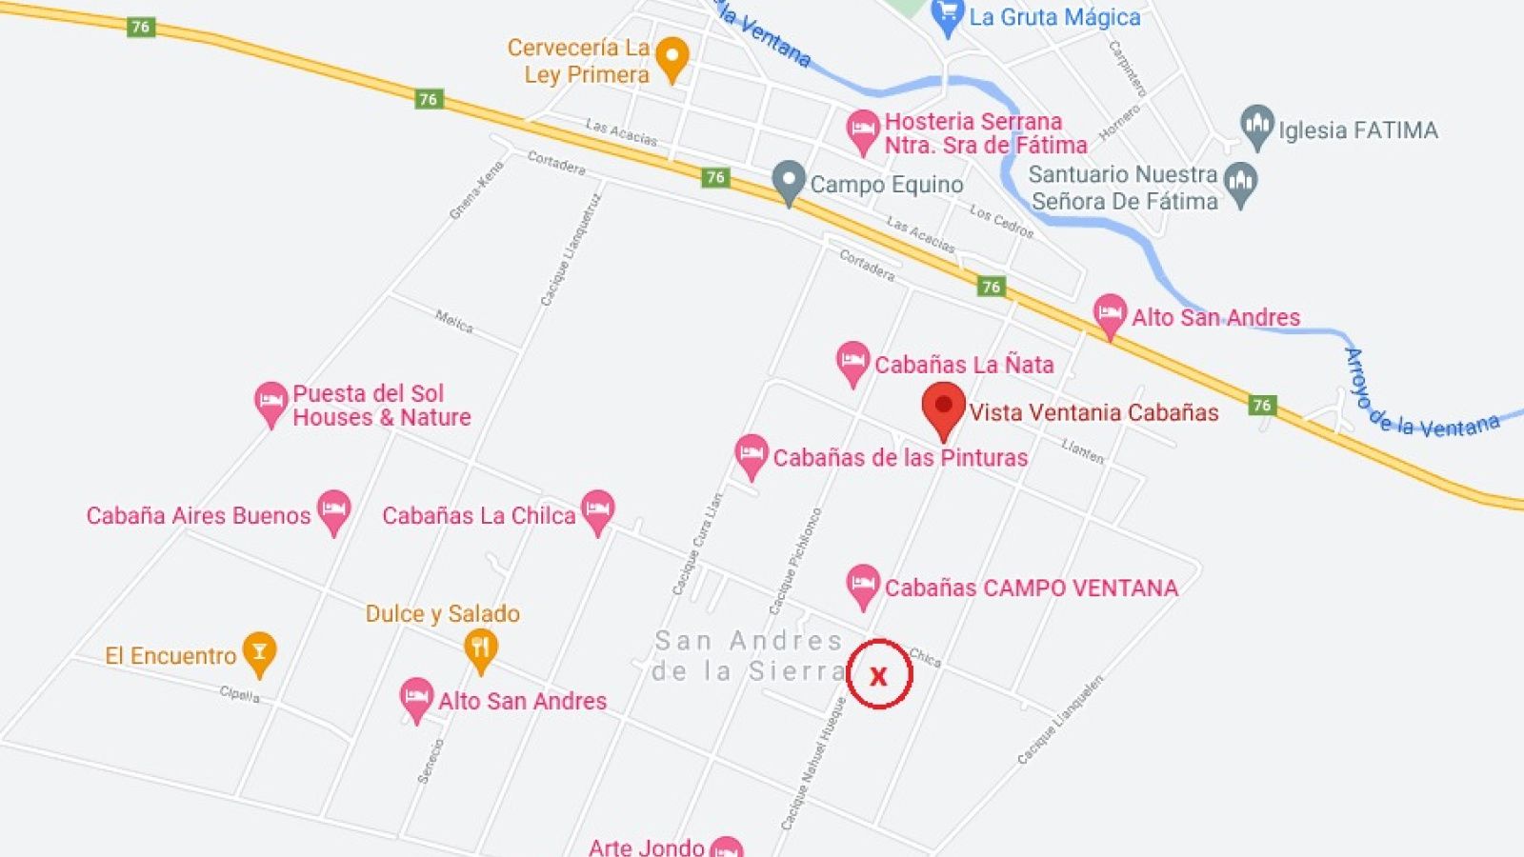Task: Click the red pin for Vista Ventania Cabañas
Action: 943,408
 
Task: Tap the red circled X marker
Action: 878,675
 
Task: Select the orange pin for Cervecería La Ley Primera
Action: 672,58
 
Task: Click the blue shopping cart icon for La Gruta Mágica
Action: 947,16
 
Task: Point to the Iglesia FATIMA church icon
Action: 1257,126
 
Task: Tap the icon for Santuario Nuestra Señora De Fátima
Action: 1240,182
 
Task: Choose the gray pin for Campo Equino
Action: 789,180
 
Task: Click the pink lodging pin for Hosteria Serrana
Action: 863,130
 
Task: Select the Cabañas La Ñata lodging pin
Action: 852,362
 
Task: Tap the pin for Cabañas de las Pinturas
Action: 752,454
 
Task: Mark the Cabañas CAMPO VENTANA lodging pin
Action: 863,585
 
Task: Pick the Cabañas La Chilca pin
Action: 597,510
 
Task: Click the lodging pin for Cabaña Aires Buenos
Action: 333,510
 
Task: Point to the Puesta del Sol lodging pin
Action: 271,402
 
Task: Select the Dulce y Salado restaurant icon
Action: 481,649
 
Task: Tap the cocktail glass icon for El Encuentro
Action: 259,652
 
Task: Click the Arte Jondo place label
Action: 647,847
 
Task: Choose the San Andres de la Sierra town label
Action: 749,655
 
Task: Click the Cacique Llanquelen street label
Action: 1060,720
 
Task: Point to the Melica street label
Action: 454,321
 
